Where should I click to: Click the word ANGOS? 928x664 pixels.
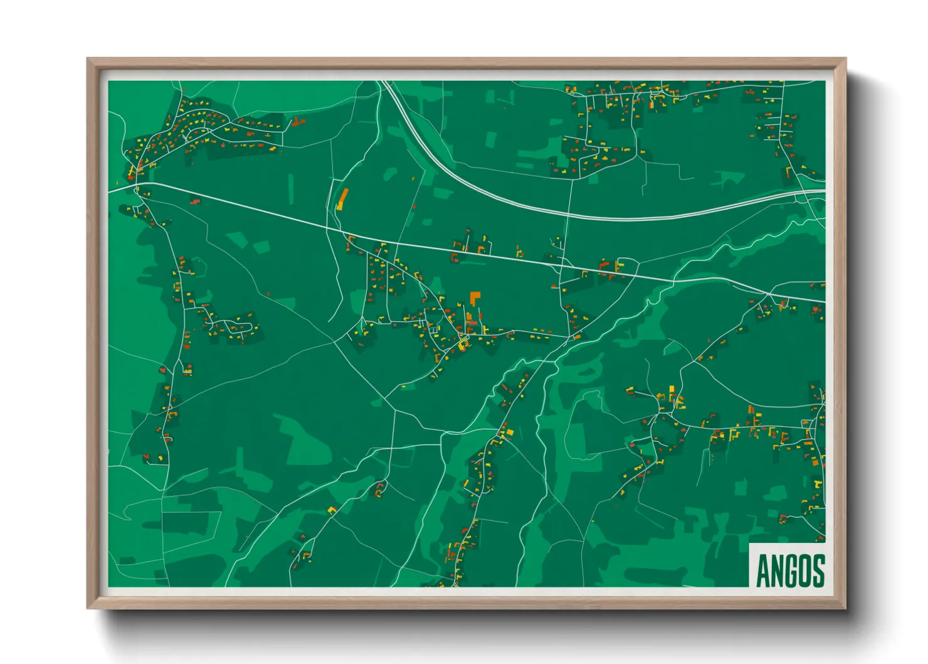tap(790, 570)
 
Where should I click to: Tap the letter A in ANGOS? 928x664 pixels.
tap(763, 570)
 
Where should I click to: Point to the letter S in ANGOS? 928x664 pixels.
tap(818, 570)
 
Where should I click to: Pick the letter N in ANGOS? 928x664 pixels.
tap(777, 570)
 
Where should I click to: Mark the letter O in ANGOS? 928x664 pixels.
tap(804, 570)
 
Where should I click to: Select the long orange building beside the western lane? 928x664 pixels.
tap(342, 199)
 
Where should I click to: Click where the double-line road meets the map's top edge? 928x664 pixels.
tap(384, 82)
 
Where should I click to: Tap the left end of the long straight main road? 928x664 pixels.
tap(110, 189)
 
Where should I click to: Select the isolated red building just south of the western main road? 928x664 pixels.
tap(195, 201)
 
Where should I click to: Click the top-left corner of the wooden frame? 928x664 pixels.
tap(88, 59)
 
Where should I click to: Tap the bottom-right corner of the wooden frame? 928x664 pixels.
tap(845, 608)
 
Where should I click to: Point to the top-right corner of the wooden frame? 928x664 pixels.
tap(845, 59)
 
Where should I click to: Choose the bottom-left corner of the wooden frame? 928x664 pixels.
tap(88, 608)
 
